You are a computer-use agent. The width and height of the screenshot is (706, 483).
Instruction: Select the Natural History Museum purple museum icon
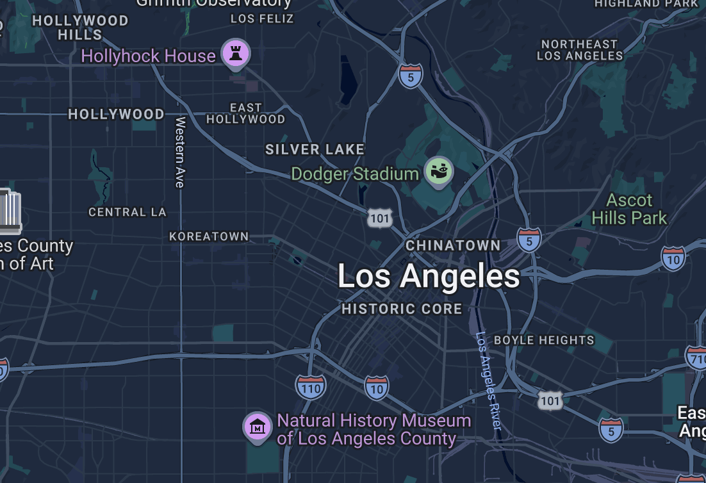257,426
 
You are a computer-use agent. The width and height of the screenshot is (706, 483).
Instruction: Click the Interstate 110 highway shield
311,386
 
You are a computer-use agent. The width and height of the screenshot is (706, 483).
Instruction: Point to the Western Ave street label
180,152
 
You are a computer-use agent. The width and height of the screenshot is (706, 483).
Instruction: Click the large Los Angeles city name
429,277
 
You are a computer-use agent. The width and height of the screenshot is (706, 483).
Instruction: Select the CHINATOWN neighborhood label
453,245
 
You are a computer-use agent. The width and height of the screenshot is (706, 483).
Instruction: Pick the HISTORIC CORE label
402,309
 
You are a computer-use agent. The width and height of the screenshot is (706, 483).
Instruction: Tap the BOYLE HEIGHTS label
544,340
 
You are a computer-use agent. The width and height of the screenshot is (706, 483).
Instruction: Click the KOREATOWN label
209,236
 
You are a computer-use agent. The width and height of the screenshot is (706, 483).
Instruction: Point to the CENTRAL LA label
127,212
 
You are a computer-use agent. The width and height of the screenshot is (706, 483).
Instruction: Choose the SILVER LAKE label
315,149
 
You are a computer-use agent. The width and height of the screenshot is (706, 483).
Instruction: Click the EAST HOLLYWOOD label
245,113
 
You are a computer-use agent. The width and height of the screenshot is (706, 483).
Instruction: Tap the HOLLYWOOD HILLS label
80,28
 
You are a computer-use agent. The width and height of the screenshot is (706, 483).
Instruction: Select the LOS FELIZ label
262,19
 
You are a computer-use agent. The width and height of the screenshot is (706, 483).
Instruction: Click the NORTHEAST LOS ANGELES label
580,50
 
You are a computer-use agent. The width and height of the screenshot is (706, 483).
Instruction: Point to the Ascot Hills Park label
629,209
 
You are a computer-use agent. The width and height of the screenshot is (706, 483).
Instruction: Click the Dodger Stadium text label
355,174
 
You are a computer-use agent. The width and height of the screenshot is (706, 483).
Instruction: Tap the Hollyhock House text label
148,56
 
